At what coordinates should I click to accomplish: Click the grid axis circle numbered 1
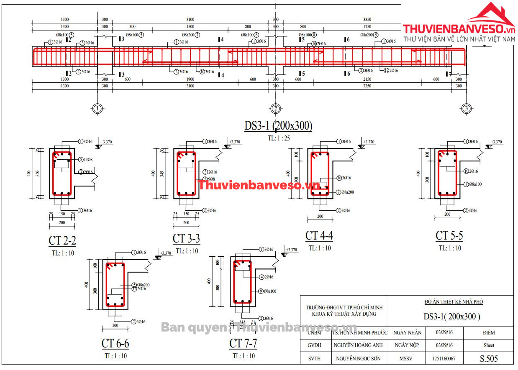click(97, 109)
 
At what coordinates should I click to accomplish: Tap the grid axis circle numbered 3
click(466, 109)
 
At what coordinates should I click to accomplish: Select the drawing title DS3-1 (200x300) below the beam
click(278, 126)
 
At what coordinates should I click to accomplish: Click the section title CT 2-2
click(62, 241)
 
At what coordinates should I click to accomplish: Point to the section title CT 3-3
click(186, 239)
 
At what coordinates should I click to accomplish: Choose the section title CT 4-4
click(319, 236)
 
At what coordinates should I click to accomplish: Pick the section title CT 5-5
click(449, 236)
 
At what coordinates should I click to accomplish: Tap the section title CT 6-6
click(115, 344)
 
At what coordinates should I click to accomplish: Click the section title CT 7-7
click(243, 344)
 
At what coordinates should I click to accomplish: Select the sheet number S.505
click(489, 358)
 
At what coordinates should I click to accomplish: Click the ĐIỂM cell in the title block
click(488, 333)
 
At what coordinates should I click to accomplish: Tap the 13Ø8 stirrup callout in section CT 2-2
click(87, 159)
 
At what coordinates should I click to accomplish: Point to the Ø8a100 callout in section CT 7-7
click(267, 291)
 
